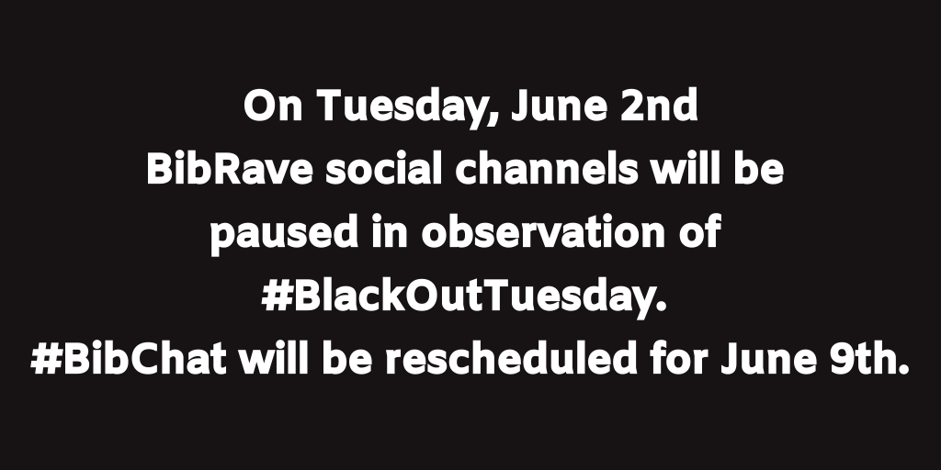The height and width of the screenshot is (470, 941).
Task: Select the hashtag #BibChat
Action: point(128,359)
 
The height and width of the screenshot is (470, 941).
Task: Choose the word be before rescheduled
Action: point(352,359)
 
